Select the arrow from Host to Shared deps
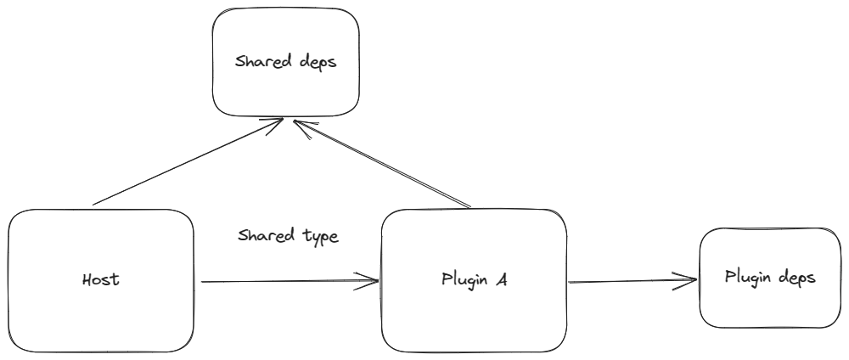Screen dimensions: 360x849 pyautogui.click(x=187, y=163)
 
